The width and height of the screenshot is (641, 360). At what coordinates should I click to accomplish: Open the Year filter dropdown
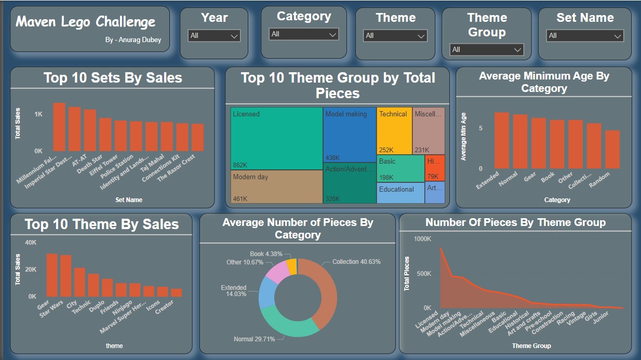[x=214, y=36]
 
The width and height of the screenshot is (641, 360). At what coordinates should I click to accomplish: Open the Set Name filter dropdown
[x=585, y=36]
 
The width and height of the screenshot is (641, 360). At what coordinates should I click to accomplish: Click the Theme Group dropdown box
[x=487, y=50]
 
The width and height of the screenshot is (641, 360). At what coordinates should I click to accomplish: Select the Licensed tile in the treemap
[x=276, y=138]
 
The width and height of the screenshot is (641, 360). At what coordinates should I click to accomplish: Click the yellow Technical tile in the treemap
[x=394, y=130]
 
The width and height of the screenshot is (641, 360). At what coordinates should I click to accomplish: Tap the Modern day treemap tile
[x=276, y=186]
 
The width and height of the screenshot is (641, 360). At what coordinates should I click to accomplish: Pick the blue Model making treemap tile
[x=349, y=135]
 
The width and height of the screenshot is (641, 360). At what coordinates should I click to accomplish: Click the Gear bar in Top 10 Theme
[x=52, y=275]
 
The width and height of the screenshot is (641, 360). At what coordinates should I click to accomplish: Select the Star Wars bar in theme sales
[x=66, y=276]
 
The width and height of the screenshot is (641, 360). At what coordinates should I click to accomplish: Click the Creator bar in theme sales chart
[x=177, y=293]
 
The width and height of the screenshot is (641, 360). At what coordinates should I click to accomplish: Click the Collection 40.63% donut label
[x=356, y=262]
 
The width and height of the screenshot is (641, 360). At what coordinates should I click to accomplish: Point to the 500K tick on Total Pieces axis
[x=422, y=274]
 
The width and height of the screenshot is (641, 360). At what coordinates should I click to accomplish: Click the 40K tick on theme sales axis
[x=31, y=243]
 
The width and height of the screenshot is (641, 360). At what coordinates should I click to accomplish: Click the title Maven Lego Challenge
[x=86, y=22]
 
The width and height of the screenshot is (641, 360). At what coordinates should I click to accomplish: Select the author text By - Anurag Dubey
[x=133, y=40]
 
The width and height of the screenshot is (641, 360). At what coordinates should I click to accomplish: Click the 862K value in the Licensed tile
[x=239, y=165]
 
